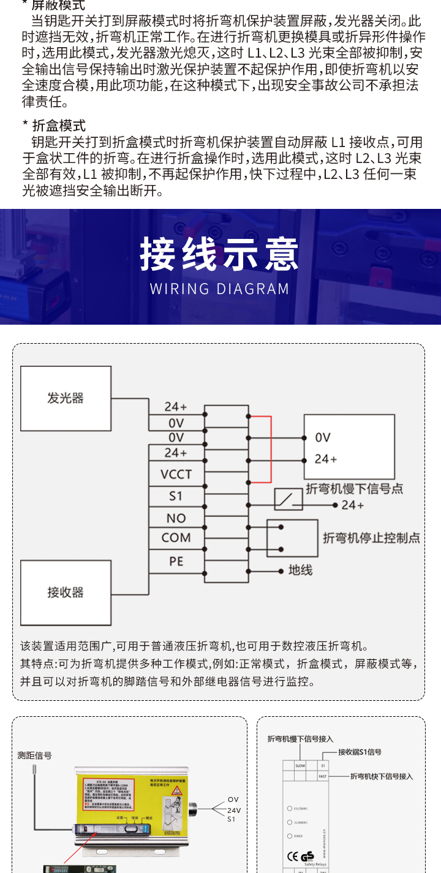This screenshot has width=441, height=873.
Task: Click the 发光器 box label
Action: [65, 398]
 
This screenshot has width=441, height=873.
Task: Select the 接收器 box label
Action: [65, 592]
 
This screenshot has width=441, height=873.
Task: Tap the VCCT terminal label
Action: [176, 474]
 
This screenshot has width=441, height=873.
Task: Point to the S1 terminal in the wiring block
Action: [176, 496]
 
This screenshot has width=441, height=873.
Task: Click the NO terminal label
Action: [176, 518]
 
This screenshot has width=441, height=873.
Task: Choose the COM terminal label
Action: [176, 538]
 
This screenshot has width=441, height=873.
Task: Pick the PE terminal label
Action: [176, 561]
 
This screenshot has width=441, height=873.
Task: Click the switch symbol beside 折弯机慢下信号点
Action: [288, 500]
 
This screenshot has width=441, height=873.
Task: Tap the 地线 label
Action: [300, 570]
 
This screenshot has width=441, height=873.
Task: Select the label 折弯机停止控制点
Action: [371, 538]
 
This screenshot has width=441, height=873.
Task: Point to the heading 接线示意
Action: [220, 254]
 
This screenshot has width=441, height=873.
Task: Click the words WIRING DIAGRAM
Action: [220, 289]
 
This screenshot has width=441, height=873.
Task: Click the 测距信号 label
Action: [35, 756]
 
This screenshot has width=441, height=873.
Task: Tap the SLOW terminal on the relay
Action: [300, 766]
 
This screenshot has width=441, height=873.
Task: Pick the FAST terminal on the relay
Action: [323, 776]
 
